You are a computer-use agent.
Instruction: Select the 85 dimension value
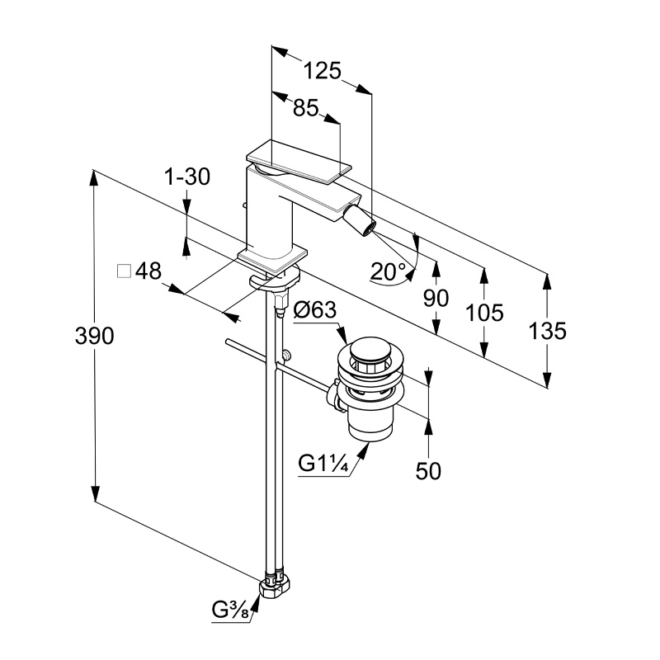(x=304, y=107)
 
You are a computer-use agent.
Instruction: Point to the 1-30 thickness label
(x=187, y=177)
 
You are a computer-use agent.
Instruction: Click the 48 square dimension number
(x=148, y=271)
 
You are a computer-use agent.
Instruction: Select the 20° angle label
(x=388, y=271)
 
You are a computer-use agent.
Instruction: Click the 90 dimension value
(x=436, y=299)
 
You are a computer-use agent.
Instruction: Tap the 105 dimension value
(x=484, y=312)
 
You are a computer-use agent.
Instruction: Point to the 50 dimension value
(x=428, y=470)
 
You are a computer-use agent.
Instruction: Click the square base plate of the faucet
(x=273, y=257)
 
